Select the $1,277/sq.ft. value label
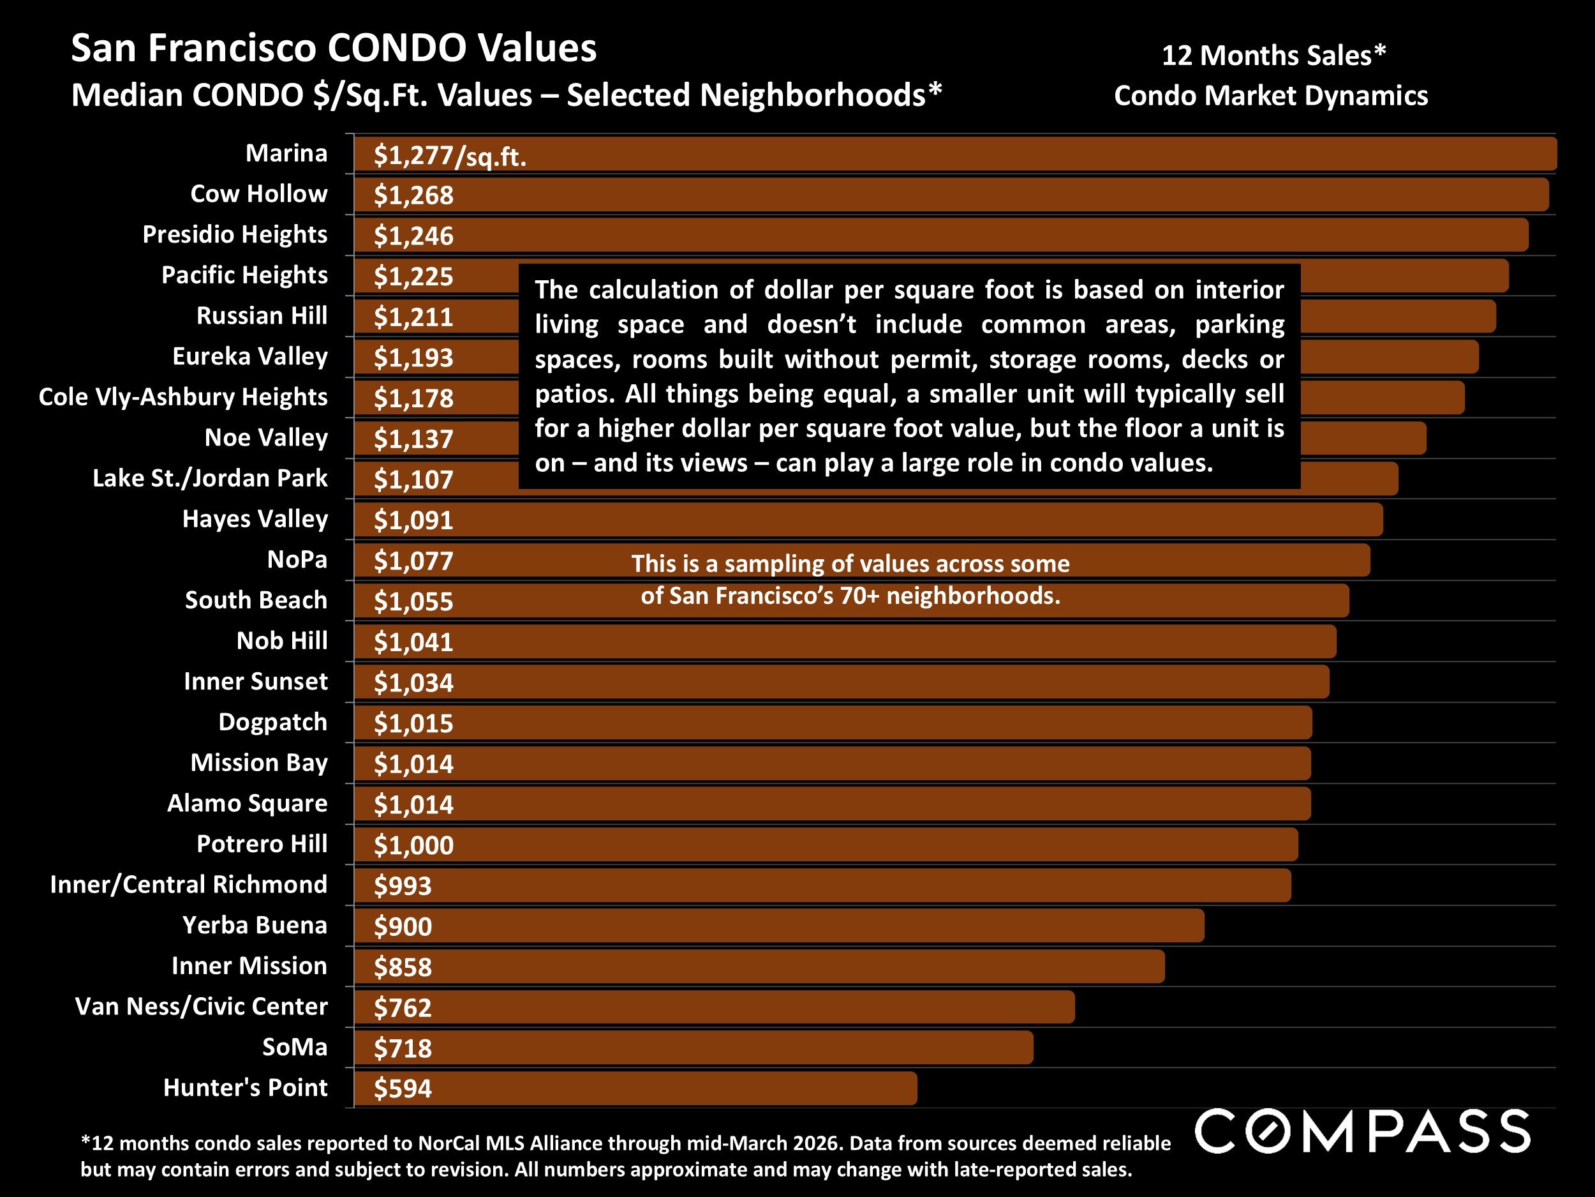449,156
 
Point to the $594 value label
403,1088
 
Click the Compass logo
1362,1131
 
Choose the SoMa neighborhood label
294,1047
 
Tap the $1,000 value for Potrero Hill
413,845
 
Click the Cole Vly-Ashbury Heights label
183,397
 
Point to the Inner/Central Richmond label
188,885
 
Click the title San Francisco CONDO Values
333,49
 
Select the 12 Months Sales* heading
1273,56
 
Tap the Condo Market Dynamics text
1270,95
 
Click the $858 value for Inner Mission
403,967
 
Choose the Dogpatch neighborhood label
272,721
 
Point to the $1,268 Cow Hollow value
413,195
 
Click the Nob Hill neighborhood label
282,641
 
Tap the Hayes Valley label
255,519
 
